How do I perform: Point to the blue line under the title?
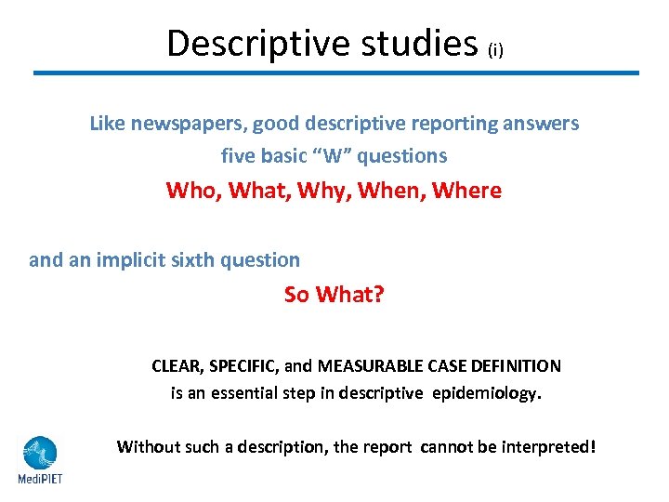(336, 73)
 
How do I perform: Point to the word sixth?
(198, 260)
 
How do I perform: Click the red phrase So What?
(334, 295)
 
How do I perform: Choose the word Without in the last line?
(148, 447)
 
